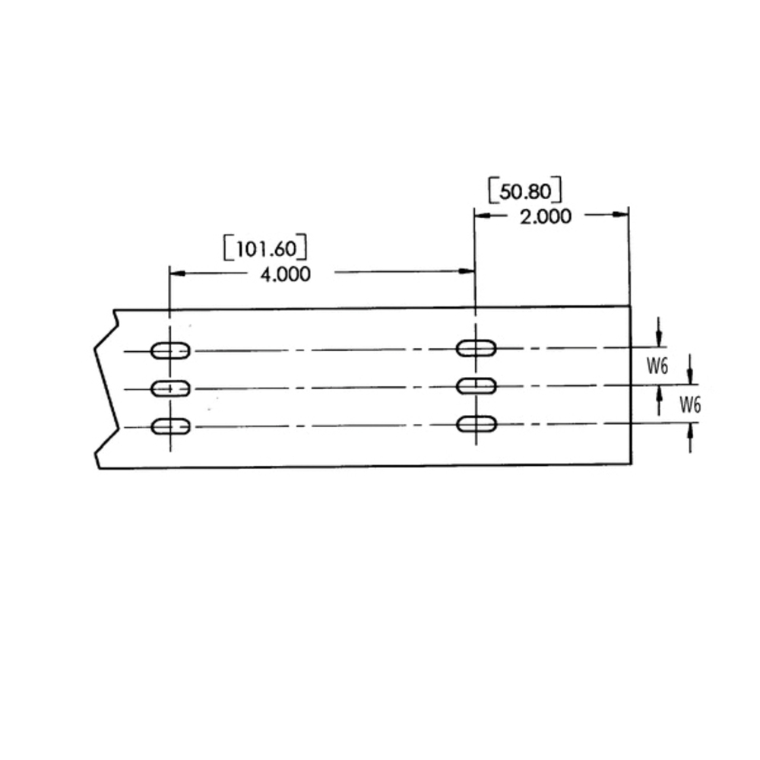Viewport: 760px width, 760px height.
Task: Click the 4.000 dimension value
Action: pyautogui.click(x=285, y=274)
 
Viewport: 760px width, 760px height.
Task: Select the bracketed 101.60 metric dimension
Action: pyautogui.click(x=266, y=249)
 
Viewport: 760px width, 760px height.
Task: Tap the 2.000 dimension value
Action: pyautogui.click(x=545, y=217)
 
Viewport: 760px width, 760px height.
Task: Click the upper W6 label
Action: pyautogui.click(x=657, y=366)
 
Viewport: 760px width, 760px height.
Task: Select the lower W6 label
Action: pyautogui.click(x=689, y=404)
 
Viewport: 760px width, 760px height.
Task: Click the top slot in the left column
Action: pyautogui.click(x=170, y=350)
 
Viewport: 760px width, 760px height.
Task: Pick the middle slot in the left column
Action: pyautogui.click(x=170, y=388)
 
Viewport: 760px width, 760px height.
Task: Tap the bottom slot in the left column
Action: pyautogui.click(x=170, y=426)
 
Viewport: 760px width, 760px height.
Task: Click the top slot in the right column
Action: pyautogui.click(x=476, y=348)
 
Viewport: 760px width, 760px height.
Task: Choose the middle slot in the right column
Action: pyautogui.click(x=476, y=386)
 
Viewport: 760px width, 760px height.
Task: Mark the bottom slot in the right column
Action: pyautogui.click(x=476, y=423)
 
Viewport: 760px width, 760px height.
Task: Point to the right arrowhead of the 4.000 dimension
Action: pyautogui.click(x=469, y=271)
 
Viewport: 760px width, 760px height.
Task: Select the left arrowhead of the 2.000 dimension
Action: pyautogui.click(x=481, y=215)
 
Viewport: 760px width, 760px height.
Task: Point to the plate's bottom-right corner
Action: pyautogui.click(x=631, y=464)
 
